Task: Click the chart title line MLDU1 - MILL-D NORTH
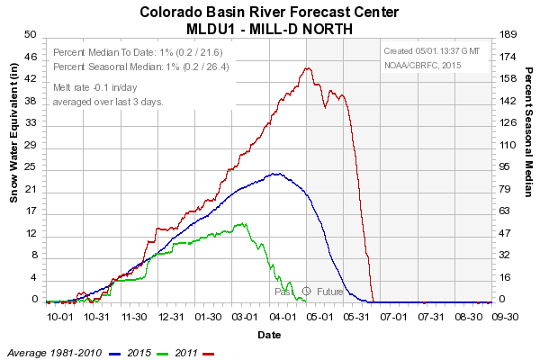coord(270,28)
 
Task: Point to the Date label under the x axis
coord(269,334)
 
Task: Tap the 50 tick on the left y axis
coord(30,34)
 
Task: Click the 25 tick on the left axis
coord(30,166)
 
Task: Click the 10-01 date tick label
coord(59,317)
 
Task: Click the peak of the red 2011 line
coord(308,67)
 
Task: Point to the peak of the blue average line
coord(276,173)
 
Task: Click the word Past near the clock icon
coord(284,292)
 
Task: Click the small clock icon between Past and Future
coord(306,292)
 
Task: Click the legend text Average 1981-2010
coord(53,351)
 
